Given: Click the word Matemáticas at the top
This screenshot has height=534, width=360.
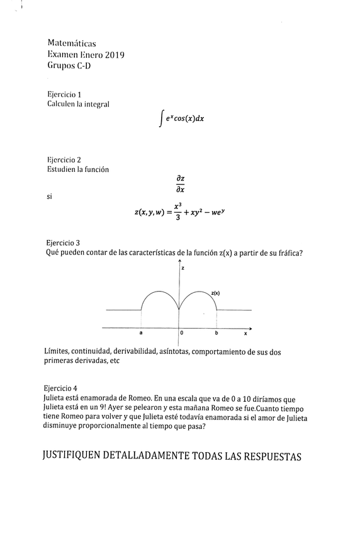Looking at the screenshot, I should pos(71,43).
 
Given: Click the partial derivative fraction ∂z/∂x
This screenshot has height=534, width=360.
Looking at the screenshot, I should pos(180,184).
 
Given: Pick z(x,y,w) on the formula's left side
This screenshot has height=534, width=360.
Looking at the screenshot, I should pos(149,213).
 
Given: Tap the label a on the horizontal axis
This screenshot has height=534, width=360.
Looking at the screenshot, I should pos(141,332).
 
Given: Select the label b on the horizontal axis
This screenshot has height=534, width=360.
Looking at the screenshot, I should pos(216,332).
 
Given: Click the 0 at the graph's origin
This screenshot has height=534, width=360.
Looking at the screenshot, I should pos(182,332).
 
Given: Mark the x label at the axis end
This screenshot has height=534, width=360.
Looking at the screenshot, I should pos(245,332).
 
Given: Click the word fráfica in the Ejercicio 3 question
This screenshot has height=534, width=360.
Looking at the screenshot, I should pos(286,253).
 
